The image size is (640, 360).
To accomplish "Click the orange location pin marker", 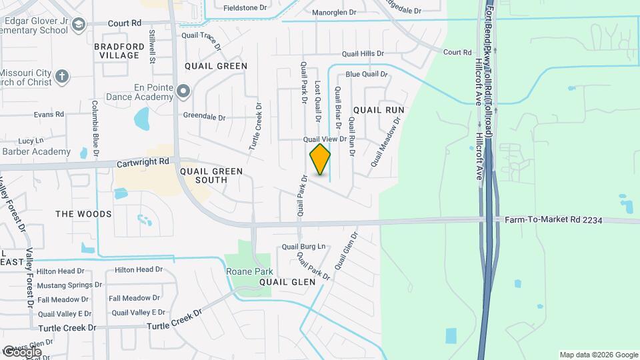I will (320, 159).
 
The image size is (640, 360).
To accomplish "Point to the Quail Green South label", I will (211, 175).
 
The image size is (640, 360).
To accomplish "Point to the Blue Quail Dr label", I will (366, 74).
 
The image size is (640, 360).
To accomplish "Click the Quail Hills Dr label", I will (363, 53).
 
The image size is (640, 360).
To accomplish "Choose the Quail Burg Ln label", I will (303, 246).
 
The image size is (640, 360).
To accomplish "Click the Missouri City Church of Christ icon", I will (62, 75).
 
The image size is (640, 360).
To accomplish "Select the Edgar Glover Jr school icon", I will (79, 25).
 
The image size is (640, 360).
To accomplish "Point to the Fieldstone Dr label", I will (245, 8).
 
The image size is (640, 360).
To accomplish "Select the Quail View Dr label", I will (325, 139).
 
